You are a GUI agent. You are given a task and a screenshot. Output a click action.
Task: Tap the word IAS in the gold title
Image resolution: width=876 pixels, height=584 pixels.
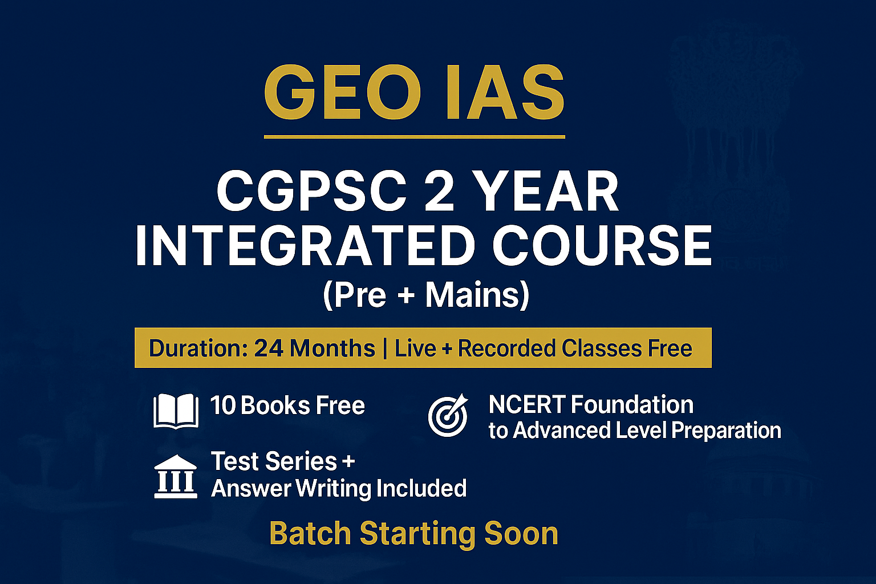click(x=505, y=92)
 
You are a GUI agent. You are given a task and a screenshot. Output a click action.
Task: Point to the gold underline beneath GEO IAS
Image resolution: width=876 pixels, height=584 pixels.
click(x=414, y=137)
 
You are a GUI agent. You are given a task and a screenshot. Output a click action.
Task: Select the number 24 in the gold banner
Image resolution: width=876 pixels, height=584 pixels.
click(x=269, y=348)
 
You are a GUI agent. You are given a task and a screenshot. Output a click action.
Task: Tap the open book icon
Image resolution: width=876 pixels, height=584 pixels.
click(x=176, y=411)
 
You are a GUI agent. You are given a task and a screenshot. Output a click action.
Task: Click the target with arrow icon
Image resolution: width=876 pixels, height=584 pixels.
click(x=448, y=415)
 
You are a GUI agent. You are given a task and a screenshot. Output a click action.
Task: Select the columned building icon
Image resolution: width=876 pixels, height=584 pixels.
click(x=176, y=477)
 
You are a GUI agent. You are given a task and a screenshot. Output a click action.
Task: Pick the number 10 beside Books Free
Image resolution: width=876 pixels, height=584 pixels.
click(x=222, y=405)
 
